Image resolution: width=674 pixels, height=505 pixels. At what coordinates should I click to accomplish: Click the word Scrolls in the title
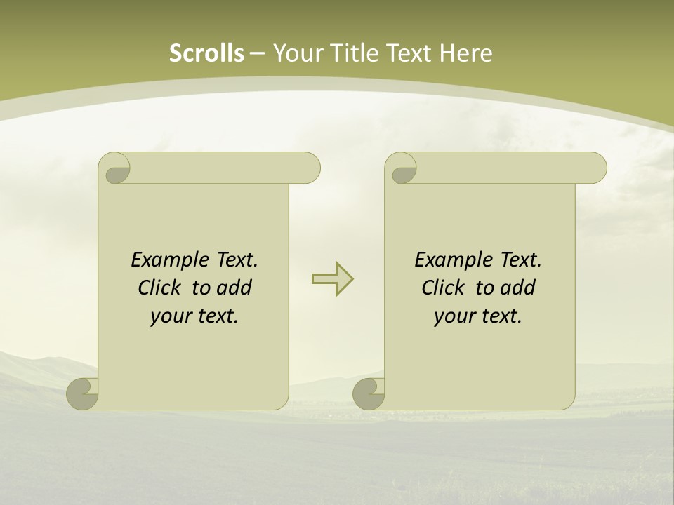click(206, 53)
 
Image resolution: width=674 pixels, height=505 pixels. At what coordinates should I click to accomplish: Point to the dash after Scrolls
click(257, 53)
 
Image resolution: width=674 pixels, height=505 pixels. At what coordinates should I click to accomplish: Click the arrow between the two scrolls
click(332, 279)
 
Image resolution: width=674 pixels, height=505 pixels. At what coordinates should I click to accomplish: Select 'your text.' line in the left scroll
click(194, 316)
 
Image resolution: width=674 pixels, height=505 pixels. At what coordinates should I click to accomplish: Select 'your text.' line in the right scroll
click(478, 316)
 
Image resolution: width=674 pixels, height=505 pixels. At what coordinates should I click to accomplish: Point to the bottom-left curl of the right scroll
click(369, 393)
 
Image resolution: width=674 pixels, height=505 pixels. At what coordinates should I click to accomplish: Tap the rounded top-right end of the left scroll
click(309, 168)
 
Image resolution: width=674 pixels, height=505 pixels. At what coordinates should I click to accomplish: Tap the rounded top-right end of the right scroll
click(595, 168)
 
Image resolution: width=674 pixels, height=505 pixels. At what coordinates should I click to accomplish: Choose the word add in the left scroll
click(235, 288)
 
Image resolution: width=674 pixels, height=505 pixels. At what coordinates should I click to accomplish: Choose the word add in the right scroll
click(519, 288)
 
